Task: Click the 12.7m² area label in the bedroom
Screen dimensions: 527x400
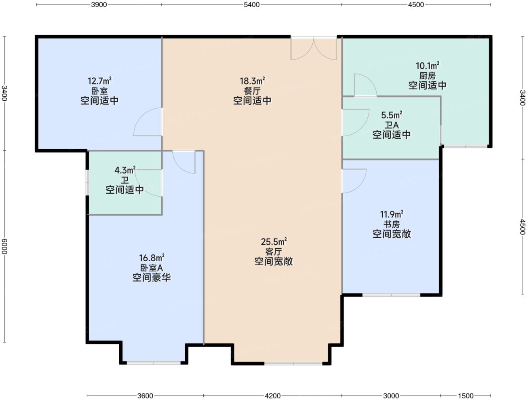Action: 99,81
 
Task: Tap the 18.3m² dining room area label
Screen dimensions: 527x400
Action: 252,81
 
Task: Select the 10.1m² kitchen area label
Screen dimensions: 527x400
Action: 428,66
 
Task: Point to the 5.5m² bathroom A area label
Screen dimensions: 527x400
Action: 392,115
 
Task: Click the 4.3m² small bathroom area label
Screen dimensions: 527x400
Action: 125,170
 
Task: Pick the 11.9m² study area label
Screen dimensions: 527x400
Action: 392,214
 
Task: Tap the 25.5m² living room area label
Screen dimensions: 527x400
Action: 274,241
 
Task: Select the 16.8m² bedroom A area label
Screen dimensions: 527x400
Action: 152,258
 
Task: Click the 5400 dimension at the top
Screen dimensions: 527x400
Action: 252,4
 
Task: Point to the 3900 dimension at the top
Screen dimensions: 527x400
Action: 99,4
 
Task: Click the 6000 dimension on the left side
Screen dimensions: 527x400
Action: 4,246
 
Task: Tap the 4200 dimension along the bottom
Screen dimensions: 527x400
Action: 273,396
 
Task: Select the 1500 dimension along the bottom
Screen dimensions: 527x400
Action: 466,396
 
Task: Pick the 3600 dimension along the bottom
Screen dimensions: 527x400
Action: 145,396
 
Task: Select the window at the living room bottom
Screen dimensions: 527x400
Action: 293,364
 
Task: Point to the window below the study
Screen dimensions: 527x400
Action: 391,295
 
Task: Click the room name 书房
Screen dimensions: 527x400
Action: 392,224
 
